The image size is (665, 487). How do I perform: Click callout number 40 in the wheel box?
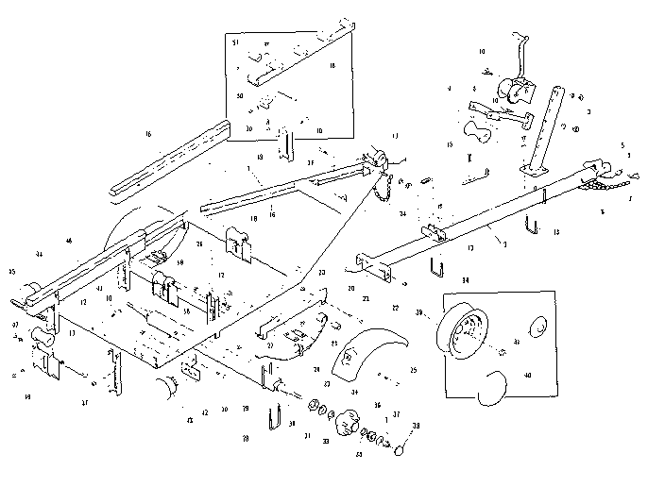[527, 375]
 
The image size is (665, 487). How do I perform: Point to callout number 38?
[417, 427]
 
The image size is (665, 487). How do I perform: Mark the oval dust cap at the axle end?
[400, 448]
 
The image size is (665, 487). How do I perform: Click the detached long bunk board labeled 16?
[170, 160]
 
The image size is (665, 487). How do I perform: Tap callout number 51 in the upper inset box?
[236, 43]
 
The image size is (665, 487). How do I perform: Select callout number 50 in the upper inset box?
[240, 96]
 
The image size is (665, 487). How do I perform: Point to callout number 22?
[396, 308]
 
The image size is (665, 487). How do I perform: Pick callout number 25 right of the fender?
[413, 370]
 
